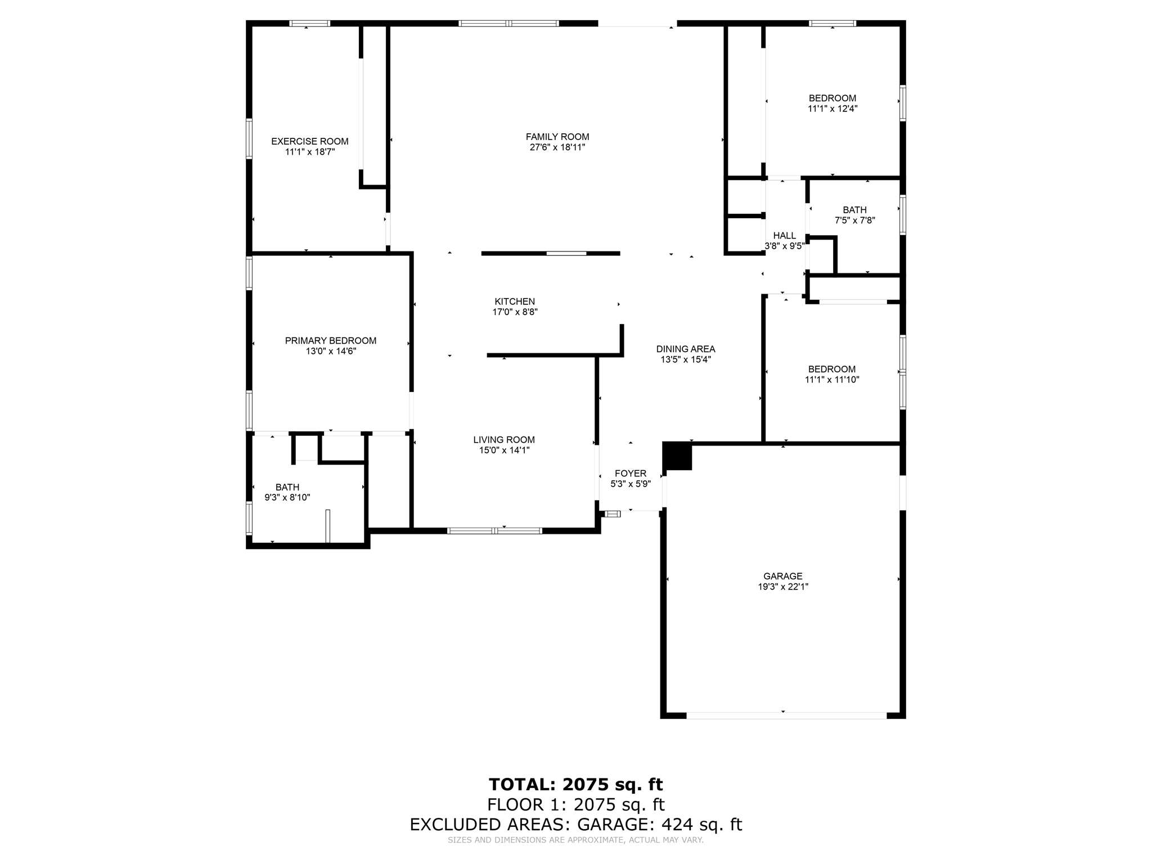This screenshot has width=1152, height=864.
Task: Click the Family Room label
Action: coord(557,137)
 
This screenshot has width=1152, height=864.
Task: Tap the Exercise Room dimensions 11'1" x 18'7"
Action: coord(310,152)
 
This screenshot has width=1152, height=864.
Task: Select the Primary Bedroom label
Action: coord(331,341)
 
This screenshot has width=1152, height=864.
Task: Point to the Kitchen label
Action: coord(515,301)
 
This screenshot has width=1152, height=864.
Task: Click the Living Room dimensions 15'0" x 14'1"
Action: coord(504,450)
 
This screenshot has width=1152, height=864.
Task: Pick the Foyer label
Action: coord(631,474)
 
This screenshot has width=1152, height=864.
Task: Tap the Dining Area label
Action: coord(686,349)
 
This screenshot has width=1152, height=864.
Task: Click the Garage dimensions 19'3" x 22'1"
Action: coord(783,587)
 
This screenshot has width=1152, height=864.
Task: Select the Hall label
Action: coord(785,236)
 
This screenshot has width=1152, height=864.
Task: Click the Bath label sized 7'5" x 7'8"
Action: coord(854,210)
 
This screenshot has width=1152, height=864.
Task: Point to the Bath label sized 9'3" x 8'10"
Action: coord(287,487)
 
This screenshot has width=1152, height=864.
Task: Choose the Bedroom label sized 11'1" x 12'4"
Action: coord(832,98)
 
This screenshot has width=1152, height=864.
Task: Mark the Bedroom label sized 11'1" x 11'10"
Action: coord(832,370)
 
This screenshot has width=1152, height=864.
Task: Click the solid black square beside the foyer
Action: coord(677,456)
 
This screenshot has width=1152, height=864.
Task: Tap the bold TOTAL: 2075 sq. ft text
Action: coord(576,784)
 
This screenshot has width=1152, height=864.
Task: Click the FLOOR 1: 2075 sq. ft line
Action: coord(576,805)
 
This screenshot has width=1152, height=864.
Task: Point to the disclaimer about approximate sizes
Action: coord(575,840)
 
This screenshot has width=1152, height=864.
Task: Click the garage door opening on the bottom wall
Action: coord(786,715)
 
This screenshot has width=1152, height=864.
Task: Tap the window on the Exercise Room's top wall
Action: coord(309,24)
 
